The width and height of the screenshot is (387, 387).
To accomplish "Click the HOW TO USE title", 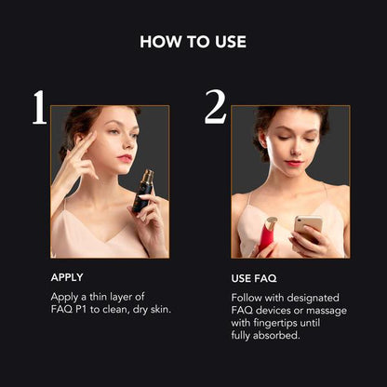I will coord(193,42).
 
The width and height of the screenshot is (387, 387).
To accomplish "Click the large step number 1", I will coord(38,109).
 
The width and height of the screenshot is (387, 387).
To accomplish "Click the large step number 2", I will coord(215,109).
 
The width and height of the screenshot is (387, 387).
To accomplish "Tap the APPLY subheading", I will coord(66,277).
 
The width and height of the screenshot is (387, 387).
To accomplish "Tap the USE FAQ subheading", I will coord(253,278).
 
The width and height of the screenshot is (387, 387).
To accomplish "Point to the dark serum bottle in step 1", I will coord(142,192).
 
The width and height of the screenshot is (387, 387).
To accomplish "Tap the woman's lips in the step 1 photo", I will coord(125,158).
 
